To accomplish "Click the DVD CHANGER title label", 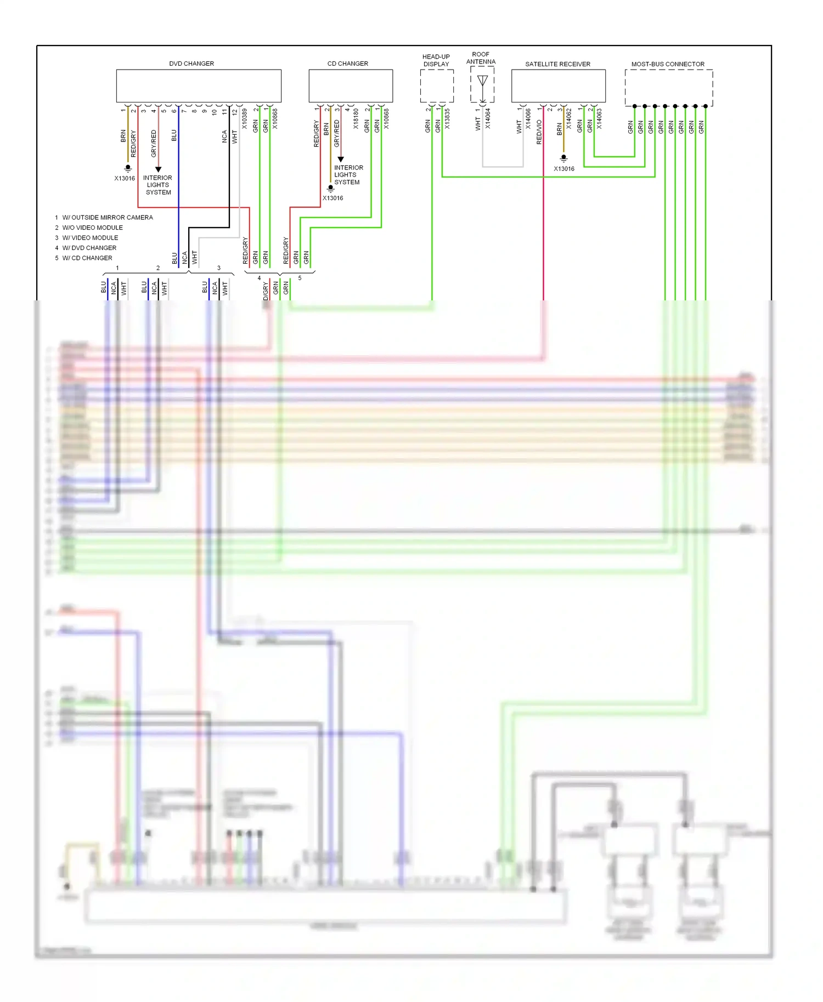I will click(191, 64).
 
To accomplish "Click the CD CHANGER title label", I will click(347, 64).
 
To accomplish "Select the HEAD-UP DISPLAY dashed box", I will click(437, 86).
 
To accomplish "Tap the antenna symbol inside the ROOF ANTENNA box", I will click(482, 82).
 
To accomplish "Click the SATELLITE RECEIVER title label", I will click(557, 64).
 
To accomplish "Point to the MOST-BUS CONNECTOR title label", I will click(667, 64).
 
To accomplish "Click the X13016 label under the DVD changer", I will click(125, 178).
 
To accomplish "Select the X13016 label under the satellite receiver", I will click(564, 169).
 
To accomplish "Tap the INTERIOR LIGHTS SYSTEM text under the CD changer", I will click(348, 175).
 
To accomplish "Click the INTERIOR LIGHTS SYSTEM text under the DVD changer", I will click(157, 185).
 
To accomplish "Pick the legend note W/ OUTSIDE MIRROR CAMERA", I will click(108, 218).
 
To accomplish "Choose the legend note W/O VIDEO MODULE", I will click(92, 227).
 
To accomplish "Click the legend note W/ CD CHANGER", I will click(87, 258).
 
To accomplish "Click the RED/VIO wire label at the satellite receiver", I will click(539, 132).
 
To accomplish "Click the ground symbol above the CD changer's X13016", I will click(330, 189).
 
